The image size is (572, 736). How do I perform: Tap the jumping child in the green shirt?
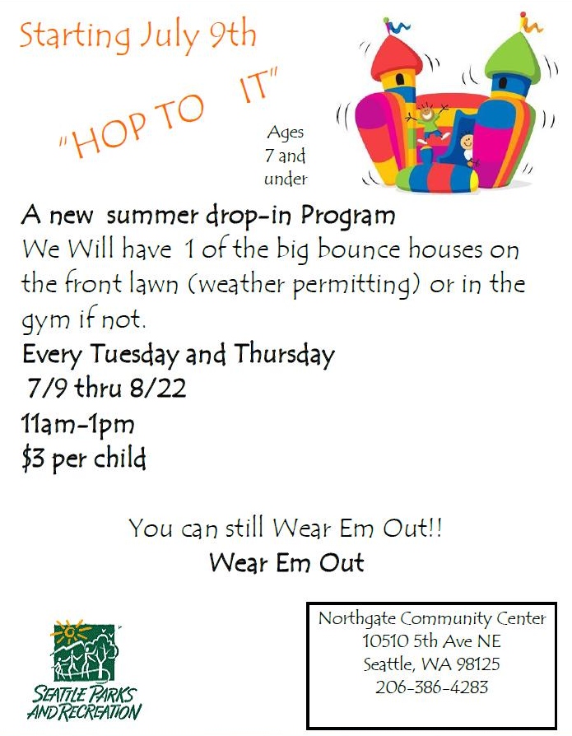point(428,121)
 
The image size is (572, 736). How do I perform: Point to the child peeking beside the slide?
point(467,148)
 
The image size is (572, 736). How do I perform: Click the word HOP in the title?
point(107,136)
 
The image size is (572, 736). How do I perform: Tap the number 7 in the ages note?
point(269,156)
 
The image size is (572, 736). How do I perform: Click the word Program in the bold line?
point(347,217)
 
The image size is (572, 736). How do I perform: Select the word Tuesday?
point(135,354)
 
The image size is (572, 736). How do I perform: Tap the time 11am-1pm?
point(77,424)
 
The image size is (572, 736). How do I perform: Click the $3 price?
point(33,459)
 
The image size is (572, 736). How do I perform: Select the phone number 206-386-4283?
point(432,687)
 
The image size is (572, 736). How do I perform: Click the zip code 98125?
point(478,664)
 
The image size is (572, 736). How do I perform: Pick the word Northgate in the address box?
point(356,618)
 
